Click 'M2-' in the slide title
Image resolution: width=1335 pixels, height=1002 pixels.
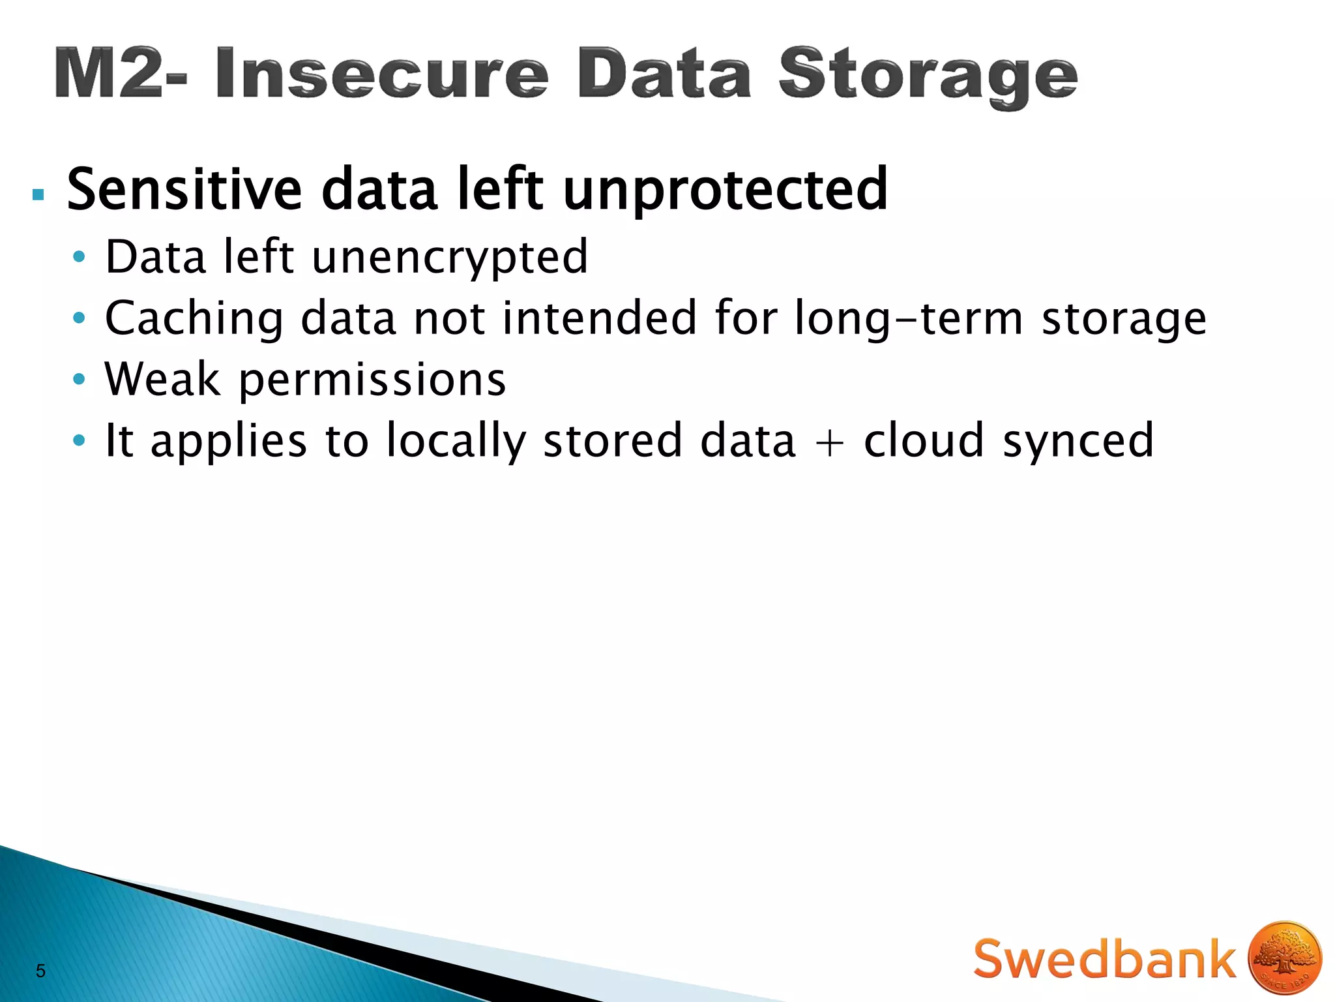click(121, 74)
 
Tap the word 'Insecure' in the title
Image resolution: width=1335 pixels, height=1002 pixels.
click(381, 74)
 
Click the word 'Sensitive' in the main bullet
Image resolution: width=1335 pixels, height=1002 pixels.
click(184, 190)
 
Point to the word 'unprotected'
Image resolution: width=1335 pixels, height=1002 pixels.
click(725, 191)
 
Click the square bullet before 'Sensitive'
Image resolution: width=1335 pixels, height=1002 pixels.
click(38, 194)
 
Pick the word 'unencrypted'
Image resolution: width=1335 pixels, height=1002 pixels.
click(450, 258)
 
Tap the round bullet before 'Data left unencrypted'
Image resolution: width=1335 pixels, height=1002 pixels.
click(79, 257)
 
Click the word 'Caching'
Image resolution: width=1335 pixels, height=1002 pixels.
click(194, 319)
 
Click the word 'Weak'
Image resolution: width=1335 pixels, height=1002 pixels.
click(162, 379)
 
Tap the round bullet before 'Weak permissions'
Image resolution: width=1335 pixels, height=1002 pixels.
click(79, 379)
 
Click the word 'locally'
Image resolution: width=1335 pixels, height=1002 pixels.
click(456, 442)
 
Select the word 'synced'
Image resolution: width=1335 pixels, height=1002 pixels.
click(1078, 442)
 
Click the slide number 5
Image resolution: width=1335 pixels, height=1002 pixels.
click(40, 971)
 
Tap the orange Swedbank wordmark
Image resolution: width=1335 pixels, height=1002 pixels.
click(1104, 958)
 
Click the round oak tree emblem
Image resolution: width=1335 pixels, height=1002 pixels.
click(1284, 958)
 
